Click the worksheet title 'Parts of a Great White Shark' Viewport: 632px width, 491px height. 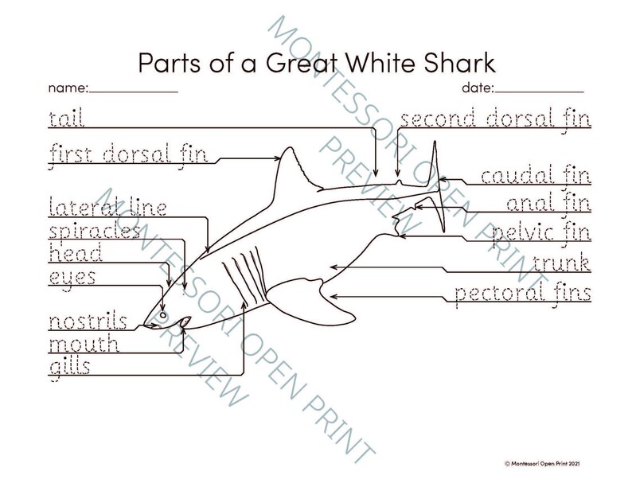317,62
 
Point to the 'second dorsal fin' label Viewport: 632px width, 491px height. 494,120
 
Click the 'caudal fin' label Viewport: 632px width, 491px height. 535,175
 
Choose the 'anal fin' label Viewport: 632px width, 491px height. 548,204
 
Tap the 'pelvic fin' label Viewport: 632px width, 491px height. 541,234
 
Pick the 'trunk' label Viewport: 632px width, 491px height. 561,263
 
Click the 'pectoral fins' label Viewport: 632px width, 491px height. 522,294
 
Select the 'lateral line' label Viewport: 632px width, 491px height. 107,208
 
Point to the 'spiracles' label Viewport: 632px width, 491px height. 94,232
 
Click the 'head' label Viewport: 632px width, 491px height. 75,254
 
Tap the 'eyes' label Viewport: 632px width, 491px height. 72,277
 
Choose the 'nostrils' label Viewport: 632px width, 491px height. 88,322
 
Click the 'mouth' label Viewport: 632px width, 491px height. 84,345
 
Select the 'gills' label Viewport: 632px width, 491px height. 69,367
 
